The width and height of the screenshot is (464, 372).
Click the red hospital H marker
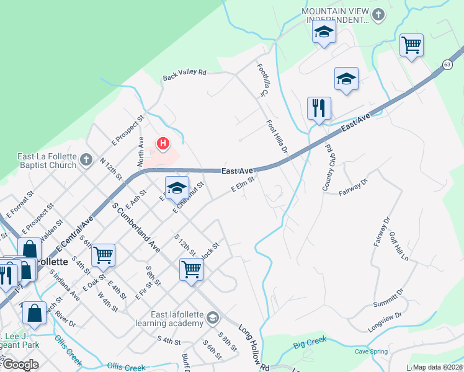[x=163, y=144]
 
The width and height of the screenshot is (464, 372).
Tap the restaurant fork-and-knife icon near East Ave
[x=319, y=108]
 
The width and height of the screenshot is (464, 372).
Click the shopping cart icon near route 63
[x=411, y=45]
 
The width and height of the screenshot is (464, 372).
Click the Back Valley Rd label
[x=184, y=74]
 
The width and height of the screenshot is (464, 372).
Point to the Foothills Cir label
[x=261, y=78]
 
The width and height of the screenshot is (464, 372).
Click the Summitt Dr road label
[x=388, y=297]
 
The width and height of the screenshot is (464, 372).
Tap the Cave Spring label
[x=371, y=352]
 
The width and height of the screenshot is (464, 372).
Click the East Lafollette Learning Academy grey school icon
[x=213, y=318]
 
